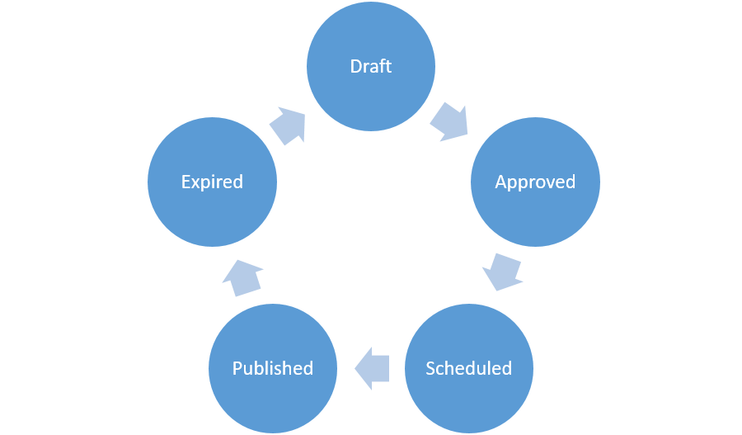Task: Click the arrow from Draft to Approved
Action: (x=450, y=122)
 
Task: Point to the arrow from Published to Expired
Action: (x=242, y=277)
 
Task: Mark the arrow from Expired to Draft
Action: (x=288, y=125)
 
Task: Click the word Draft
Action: (x=371, y=66)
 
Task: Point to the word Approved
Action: (x=535, y=182)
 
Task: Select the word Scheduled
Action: (x=468, y=368)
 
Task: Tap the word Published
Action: (x=273, y=368)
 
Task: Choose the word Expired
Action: (x=212, y=182)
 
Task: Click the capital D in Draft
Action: (x=355, y=66)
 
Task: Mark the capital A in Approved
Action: (x=500, y=182)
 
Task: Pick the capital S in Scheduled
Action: (x=430, y=368)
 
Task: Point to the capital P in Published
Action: (x=237, y=368)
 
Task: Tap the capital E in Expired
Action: (x=185, y=182)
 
